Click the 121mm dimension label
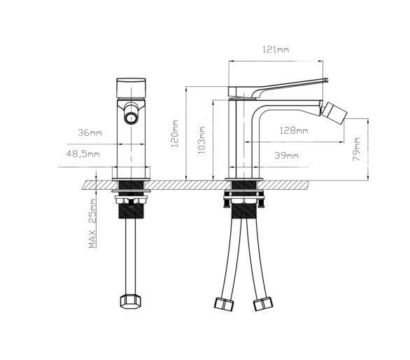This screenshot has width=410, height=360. [276, 50]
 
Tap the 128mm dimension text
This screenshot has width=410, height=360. [294, 130]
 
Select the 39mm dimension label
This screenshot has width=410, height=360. [286, 155]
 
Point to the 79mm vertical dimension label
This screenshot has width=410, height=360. [356, 149]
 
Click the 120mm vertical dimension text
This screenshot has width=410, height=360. [174, 134]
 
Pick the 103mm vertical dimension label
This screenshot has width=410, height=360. [202, 140]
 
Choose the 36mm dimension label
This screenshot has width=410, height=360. [90, 132]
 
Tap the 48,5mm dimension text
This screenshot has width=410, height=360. [83, 154]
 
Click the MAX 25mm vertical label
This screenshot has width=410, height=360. [92, 223]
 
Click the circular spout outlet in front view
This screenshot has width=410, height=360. [130, 118]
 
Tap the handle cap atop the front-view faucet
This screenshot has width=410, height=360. [131, 88]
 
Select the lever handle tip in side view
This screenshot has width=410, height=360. [326, 80]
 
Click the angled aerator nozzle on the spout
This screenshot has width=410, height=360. [334, 113]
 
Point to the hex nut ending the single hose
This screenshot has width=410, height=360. [130, 302]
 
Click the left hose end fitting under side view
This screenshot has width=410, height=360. [224, 304]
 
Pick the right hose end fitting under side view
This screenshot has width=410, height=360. [263, 304]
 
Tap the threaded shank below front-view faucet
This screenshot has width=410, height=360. [131, 211]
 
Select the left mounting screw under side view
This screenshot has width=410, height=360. [227, 200]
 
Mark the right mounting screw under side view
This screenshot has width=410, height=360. [261, 200]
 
